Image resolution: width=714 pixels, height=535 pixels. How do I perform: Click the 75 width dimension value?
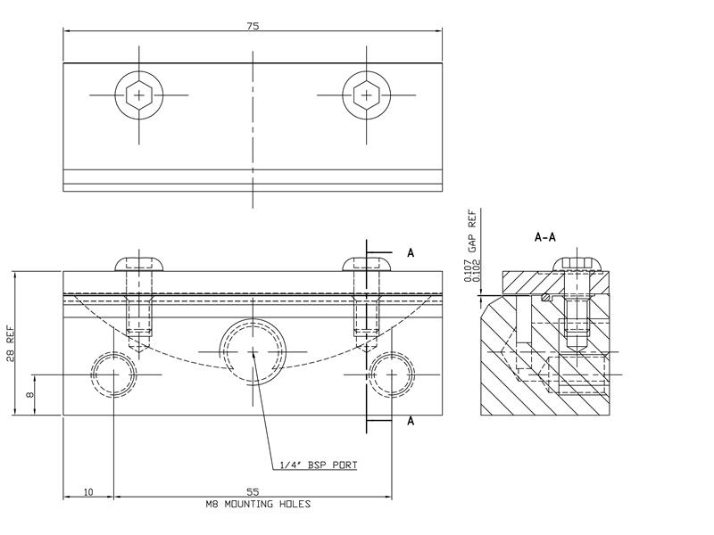(x=253, y=27)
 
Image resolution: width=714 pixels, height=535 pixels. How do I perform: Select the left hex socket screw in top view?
(x=138, y=95)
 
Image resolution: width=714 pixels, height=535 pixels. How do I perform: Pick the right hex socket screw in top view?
(x=366, y=95)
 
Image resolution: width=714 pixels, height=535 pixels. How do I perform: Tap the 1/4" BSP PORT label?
(x=320, y=465)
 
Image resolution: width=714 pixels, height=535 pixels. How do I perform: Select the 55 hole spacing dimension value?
(x=253, y=491)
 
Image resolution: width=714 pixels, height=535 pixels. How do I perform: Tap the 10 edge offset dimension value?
(x=87, y=491)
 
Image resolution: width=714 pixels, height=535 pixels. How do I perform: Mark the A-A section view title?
(x=545, y=238)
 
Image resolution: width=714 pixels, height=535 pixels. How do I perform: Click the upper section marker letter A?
(x=411, y=253)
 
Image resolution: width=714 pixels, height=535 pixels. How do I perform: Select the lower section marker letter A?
(x=411, y=421)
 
